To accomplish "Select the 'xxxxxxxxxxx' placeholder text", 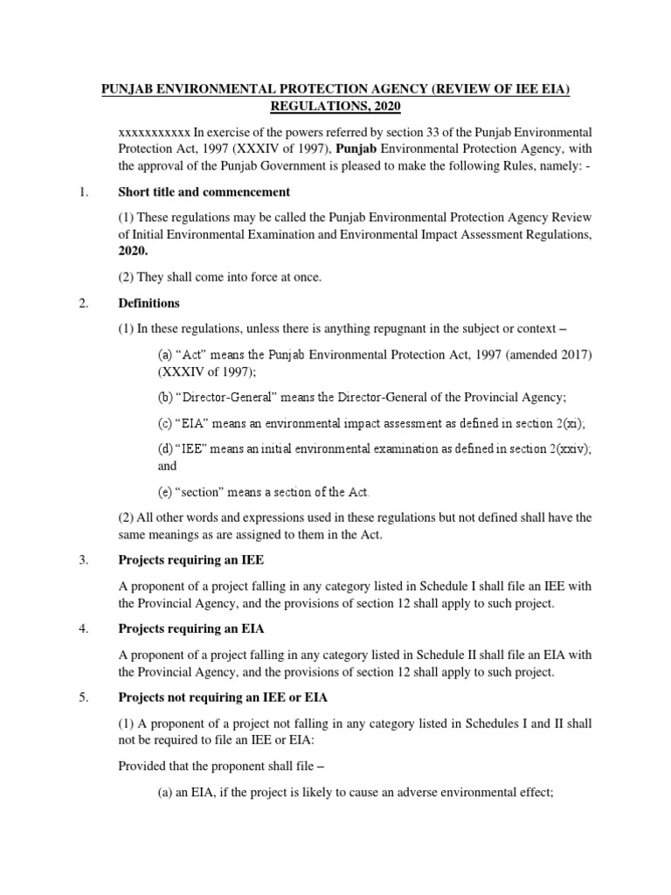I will pyautogui.click(x=154, y=131).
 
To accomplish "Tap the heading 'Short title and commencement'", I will pyautogui.click(x=204, y=191).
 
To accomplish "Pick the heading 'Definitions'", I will pyautogui.click(x=149, y=303).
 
